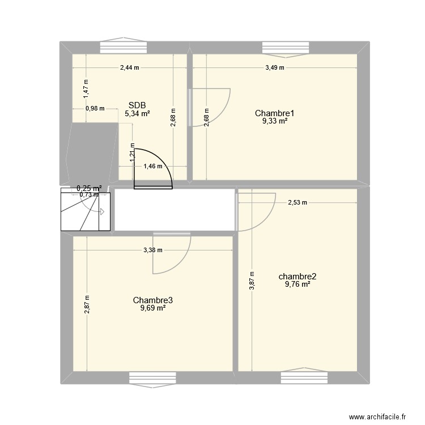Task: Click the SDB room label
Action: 137,105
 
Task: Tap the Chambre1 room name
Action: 274,113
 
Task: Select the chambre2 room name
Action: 297,277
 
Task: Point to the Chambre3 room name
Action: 149,300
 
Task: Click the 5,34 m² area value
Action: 137,113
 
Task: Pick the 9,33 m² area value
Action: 274,121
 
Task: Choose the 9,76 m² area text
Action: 297,284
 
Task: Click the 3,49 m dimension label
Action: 274,67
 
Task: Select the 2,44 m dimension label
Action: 129,67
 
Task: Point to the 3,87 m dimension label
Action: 252,282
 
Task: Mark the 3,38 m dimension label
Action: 153,250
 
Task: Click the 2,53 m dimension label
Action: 297,202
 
